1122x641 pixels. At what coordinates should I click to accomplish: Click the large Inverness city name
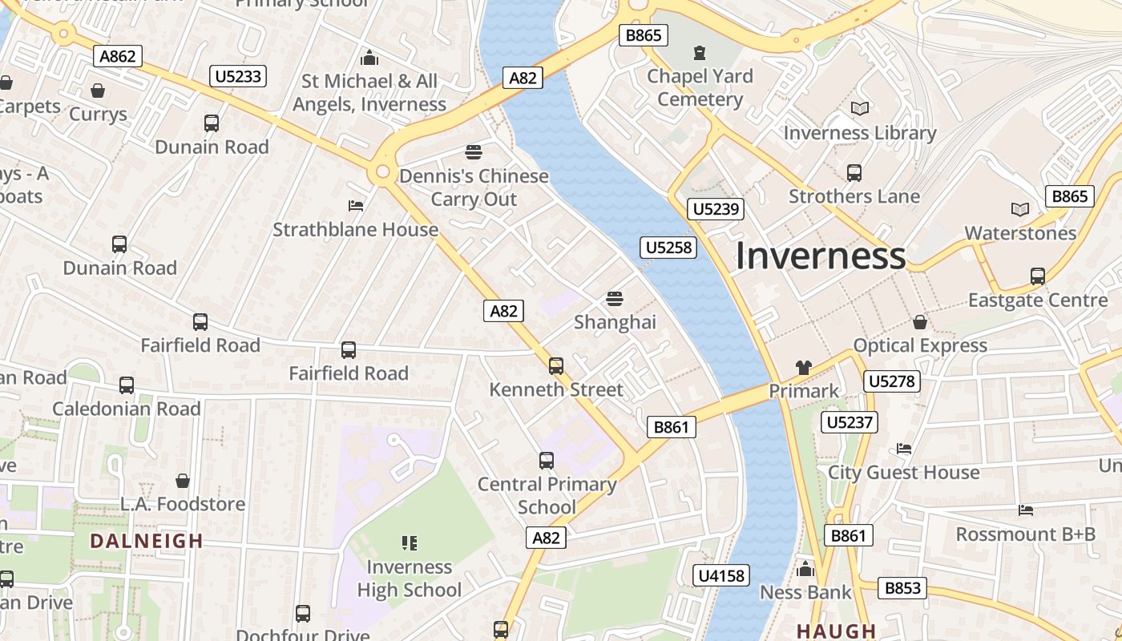(x=820, y=256)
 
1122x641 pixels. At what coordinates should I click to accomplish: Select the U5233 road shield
(x=238, y=76)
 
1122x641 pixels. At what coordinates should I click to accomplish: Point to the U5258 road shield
(x=668, y=248)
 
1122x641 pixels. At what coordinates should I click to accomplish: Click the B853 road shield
(x=902, y=588)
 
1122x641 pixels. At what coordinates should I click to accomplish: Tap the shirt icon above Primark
(x=804, y=368)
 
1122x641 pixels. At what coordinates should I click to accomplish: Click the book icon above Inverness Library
(x=860, y=108)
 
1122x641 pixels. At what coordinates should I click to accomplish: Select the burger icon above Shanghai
(x=615, y=300)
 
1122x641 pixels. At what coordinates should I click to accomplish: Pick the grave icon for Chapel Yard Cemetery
(x=700, y=54)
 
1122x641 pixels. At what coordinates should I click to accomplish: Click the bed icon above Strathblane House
(x=356, y=206)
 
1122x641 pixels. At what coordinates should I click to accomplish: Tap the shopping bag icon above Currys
(x=98, y=91)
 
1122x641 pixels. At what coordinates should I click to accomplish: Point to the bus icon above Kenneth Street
(x=556, y=366)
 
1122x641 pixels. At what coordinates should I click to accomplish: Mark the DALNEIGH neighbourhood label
(x=147, y=541)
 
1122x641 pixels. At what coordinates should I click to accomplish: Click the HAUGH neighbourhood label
(x=836, y=631)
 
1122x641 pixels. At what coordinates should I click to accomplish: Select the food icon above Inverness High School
(x=410, y=543)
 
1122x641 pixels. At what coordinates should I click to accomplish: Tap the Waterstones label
(x=1020, y=233)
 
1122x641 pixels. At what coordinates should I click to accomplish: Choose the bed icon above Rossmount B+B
(x=1025, y=510)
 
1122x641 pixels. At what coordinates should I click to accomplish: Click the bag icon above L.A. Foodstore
(x=183, y=481)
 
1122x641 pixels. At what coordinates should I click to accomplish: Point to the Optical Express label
(x=920, y=345)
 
